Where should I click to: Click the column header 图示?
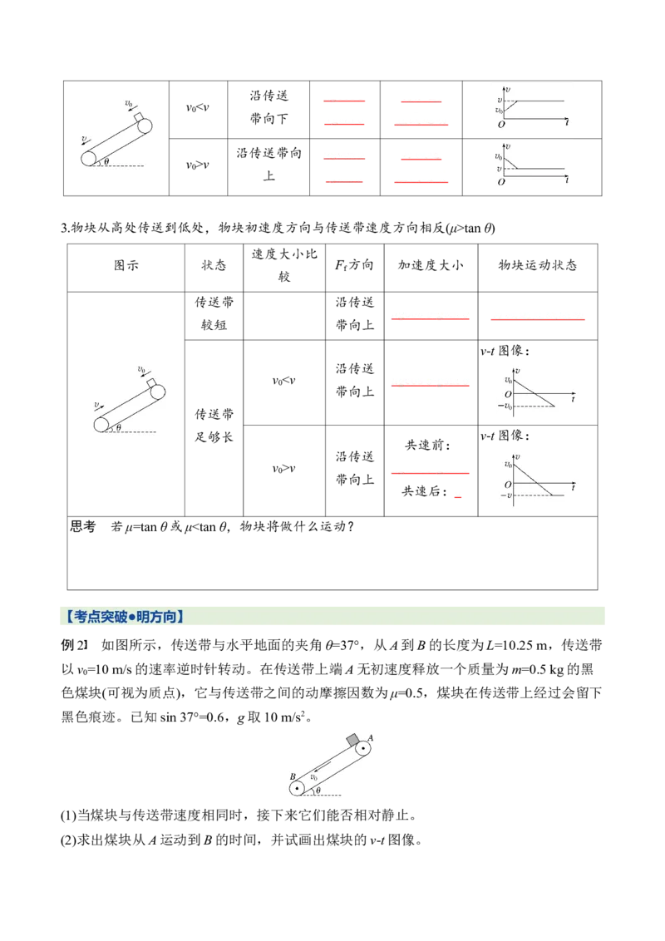pyautogui.click(x=126, y=265)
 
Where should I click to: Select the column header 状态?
pyautogui.click(x=214, y=265)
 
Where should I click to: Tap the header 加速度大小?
pyautogui.click(x=431, y=265)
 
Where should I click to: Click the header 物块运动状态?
pyautogui.click(x=537, y=265)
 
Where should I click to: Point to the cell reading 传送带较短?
pyautogui.click(x=214, y=314)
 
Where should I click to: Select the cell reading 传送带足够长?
pyautogui.click(x=214, y=426)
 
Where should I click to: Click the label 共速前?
pyautogui.click(x=427, y=446)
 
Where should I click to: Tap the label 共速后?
pyautogui.click(x=424, y=491)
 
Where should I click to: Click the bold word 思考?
pyautogui.click(x=83, y=527)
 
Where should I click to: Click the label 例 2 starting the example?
pyautogui.click(x=75, y=646)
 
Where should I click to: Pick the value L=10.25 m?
pyautogui.click(x=517, y=646)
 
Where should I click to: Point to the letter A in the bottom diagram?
pyautogui.click(x=370, y=738)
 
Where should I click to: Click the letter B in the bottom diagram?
pyautogui.click(x=293, y=776)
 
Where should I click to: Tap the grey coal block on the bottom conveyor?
pyautogui.click(x=353, y=741)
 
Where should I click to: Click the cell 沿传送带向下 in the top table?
pyautogui.click(x=268, y=107)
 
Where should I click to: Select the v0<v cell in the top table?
pyautogui.click(x=198, y=108)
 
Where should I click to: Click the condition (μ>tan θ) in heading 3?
pyautogui.click(x=470, y=228)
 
